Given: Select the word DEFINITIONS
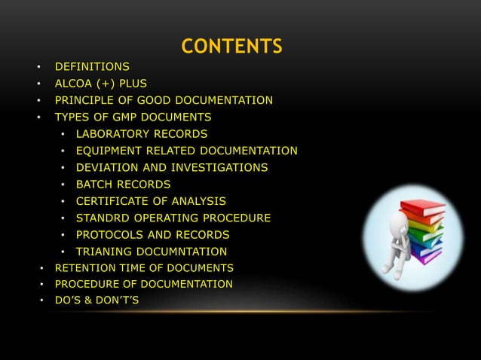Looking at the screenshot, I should [87, 67].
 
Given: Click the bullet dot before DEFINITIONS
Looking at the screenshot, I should [37, 67].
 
